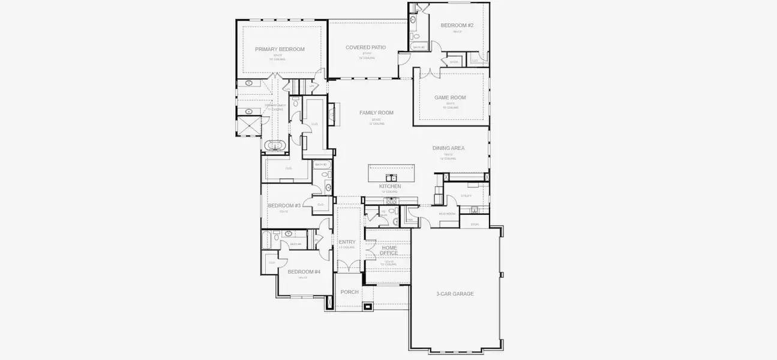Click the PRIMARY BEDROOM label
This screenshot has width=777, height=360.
click(280, 49)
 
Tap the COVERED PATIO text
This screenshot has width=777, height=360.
click(365, 47)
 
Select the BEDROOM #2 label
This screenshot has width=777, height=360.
click(457, 25)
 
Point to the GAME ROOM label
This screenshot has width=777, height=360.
click(450, 97)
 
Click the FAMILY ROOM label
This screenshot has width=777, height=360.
click(376, 113)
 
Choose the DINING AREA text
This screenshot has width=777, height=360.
click(449, 148)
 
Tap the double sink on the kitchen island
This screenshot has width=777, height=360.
click(391, 177)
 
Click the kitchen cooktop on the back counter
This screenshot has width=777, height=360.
click(391, 200)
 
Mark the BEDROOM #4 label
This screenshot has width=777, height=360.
click(304, 272)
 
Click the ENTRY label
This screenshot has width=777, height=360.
click(347, 242)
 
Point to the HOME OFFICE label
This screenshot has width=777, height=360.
click(389, 250)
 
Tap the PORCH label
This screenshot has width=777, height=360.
click(349, 292)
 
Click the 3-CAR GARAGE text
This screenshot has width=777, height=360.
click(455, 294)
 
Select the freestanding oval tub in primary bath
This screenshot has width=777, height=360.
click(275, 145)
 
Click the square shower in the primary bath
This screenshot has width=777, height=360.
click(248, 126)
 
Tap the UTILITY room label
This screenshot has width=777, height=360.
click(466, 196)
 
